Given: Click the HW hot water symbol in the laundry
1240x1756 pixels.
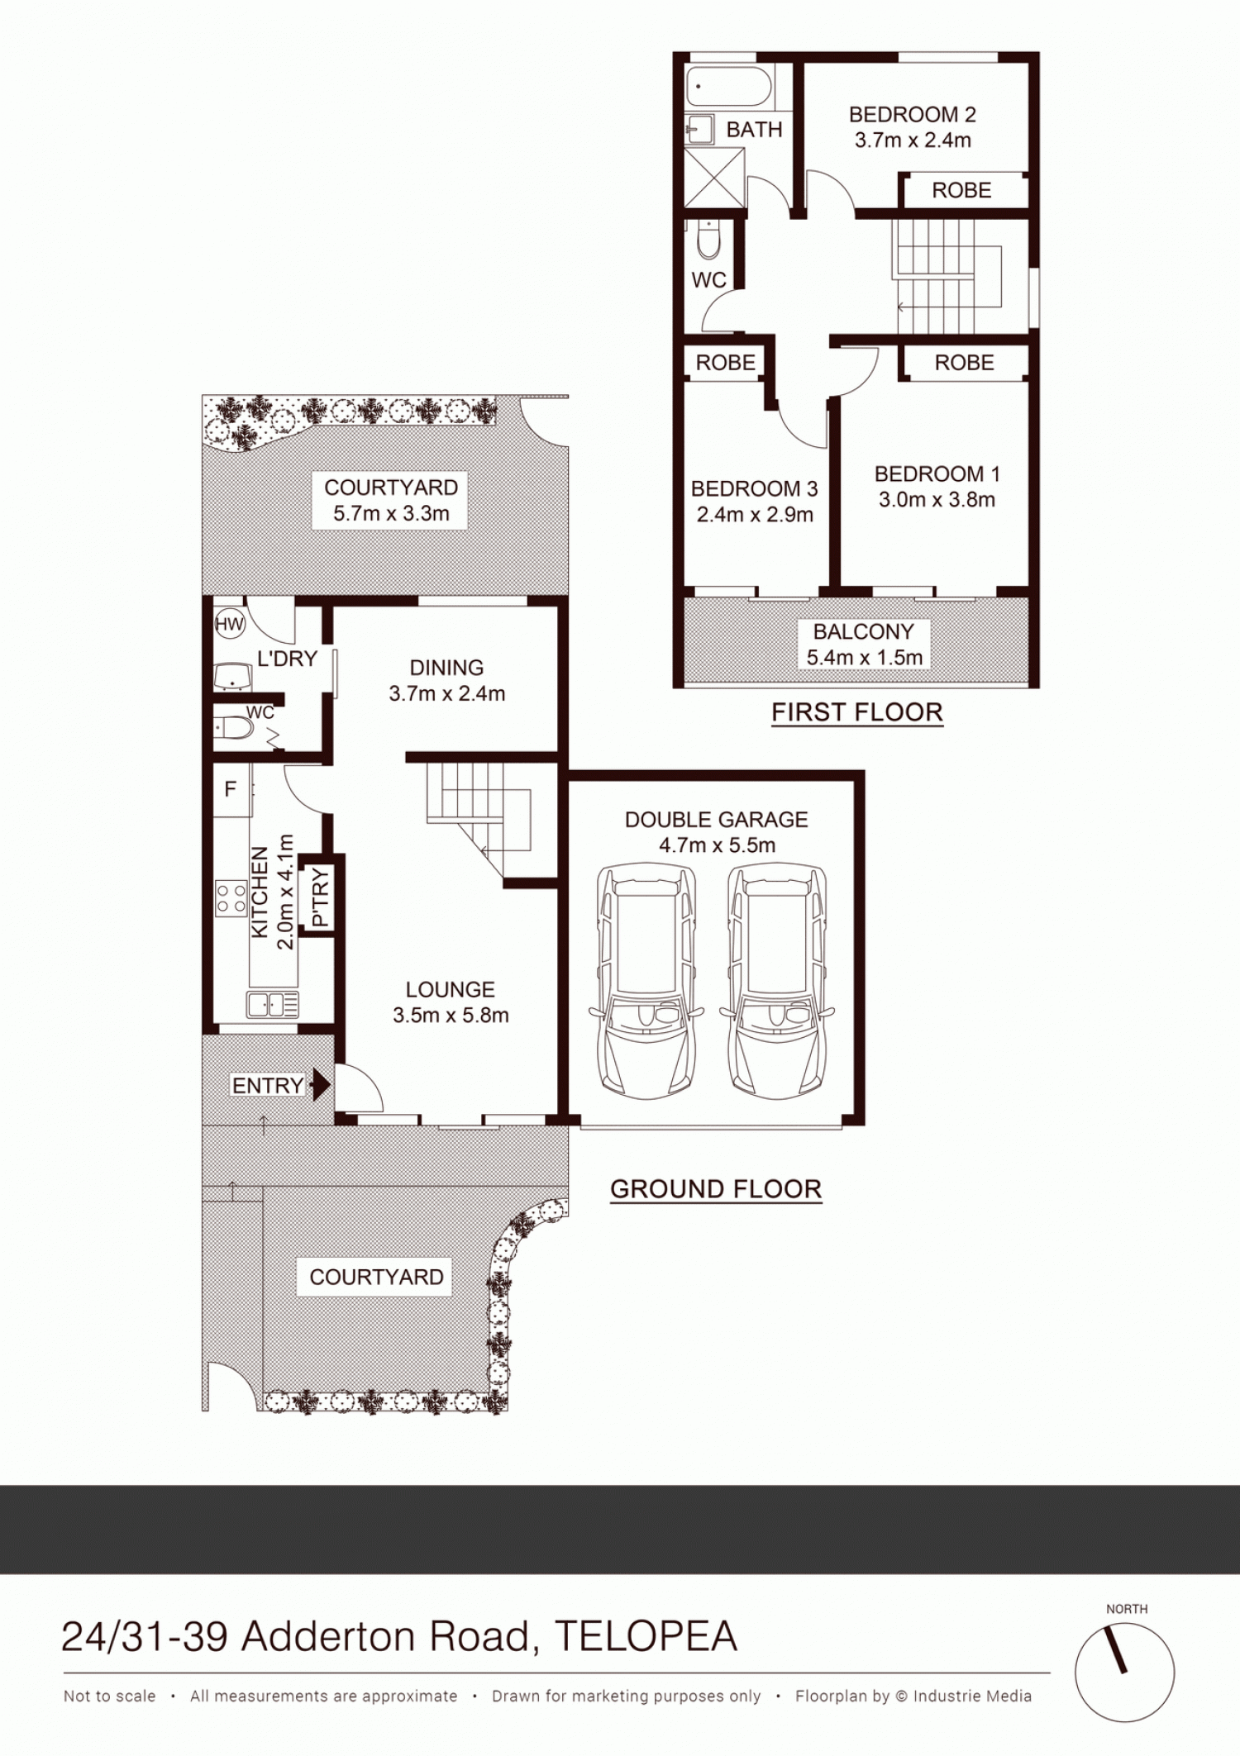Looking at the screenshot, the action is [229, 624].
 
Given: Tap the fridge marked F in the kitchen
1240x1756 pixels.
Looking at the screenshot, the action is [231, 790].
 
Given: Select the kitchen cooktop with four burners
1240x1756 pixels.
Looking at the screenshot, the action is [231, 899].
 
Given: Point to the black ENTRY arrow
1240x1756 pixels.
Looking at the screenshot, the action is [321, 1085].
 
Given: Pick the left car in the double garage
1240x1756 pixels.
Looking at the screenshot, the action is [646, 982].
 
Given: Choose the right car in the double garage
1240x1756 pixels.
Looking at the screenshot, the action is [777, 982].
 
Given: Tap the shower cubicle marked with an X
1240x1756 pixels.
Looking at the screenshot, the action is [715, 178].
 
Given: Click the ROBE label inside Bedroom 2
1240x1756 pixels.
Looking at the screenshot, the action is [961, 191].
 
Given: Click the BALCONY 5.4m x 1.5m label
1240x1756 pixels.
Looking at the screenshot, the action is [864, 645].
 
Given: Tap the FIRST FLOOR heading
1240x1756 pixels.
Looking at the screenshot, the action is [857, 712].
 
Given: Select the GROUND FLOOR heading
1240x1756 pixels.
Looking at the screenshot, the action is [716, 1189].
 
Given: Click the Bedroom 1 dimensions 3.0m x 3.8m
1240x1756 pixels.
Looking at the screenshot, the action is [937, 500].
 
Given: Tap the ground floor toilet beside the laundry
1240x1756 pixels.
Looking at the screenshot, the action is [234, 728].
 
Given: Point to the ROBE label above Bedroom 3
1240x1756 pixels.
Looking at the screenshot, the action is [725, 363].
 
